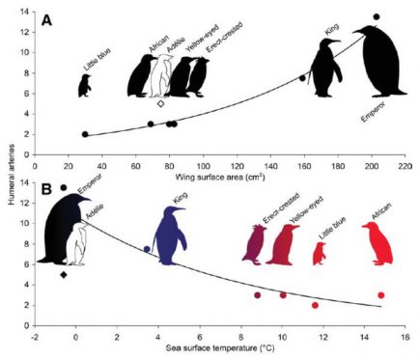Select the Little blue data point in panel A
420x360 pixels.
(x=85, y=134)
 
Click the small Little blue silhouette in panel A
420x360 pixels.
(x=85, y=85)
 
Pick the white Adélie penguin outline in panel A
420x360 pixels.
(x=158, y=83)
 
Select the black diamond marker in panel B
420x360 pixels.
(x=64, y=275)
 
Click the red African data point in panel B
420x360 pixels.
(x=381, y=294)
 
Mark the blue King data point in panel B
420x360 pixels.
(x=147, y=249)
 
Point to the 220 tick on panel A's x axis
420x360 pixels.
(x=403, y=161)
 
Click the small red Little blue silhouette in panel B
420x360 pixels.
(x=320, y=254)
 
